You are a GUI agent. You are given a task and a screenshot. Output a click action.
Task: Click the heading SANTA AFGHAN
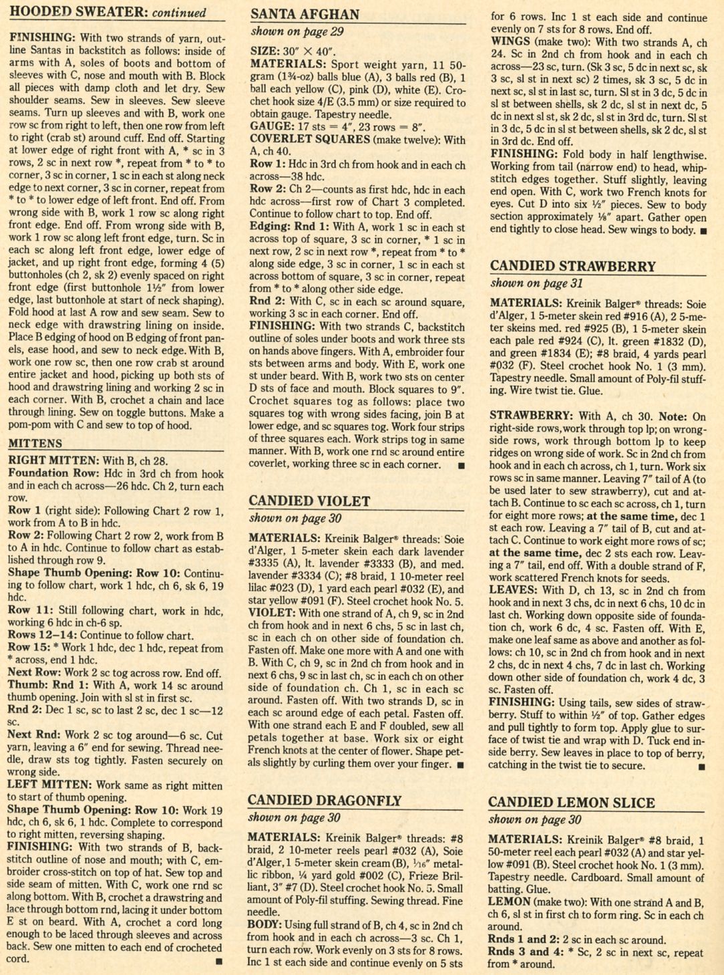(x=305, y=14)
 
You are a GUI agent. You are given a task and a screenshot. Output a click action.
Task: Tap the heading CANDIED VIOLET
(x=309, y=501)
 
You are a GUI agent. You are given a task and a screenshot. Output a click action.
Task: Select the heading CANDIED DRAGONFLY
(x=325, y=801)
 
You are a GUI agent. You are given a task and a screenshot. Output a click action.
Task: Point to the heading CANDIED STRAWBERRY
(x=573, y=266)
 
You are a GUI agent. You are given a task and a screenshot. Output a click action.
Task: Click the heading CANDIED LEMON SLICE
(x=572, y=803)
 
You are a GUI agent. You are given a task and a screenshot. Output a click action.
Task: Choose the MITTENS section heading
(x=35, y=443)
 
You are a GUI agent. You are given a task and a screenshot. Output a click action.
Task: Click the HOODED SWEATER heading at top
(x=80, y=12)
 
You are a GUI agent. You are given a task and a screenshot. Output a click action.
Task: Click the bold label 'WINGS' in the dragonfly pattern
(x=512, y=41)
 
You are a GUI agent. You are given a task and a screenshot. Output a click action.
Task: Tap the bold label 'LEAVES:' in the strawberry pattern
(x=513, y=590)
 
